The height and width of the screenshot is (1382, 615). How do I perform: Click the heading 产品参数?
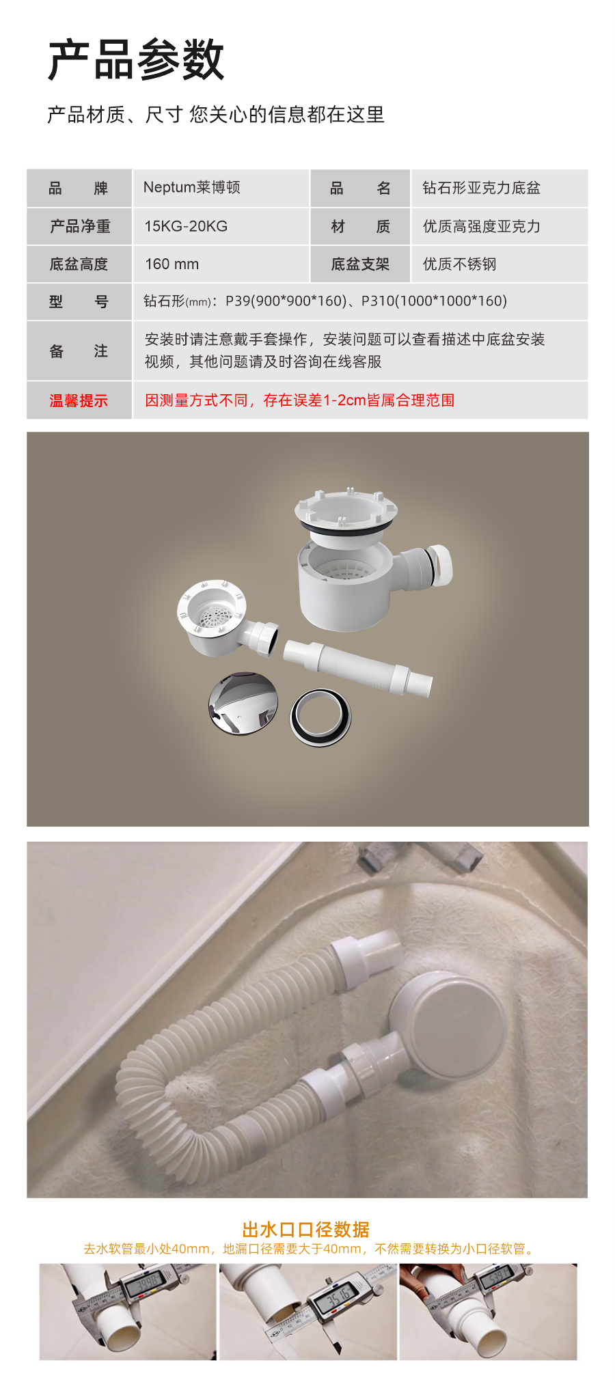click(x=136, y=60)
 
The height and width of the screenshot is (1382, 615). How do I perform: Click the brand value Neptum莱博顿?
click(x=191, y=188)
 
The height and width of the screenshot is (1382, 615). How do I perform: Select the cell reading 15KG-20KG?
click(x=186, y=226)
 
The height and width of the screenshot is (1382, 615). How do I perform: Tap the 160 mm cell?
click(x=172, y=264)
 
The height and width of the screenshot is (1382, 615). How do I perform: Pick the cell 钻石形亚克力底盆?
click(x=481, y=188)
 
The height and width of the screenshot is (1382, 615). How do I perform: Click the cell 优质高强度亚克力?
click(x=481, y=226)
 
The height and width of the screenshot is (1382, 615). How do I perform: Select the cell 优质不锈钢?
click(x=459, y=264)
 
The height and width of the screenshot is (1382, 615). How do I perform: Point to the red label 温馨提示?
click(x=79, y=401)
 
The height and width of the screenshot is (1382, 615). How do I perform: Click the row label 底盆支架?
click(x=360, y=264)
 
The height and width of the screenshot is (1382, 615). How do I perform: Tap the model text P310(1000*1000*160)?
click(x=434, y=301)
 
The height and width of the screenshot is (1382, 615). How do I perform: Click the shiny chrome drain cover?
click(x=243, y=704)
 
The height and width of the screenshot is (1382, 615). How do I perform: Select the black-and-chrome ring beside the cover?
click(x=321, y=717)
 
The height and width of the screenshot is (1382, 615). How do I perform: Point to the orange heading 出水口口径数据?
click(x=306, y=1230)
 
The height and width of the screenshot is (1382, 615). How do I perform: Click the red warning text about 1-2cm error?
click(x=299, y=400)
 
